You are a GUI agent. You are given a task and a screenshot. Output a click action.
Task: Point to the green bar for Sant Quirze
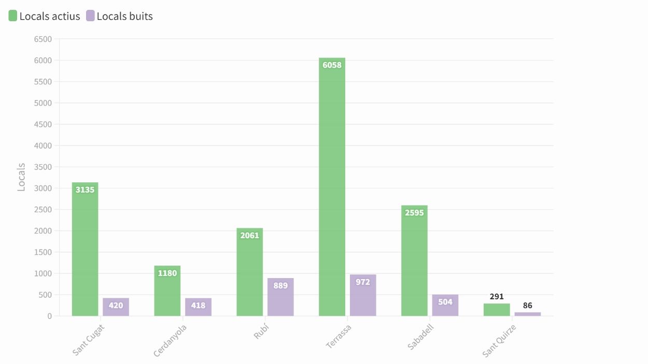[x=497, y=310]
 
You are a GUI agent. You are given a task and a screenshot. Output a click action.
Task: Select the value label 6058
[x=332, y=65]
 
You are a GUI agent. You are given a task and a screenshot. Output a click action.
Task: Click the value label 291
[x=497, y=297]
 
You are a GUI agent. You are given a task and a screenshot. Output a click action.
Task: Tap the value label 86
[x=528, y=305]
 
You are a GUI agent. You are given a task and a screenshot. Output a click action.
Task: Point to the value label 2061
[x=249, y=235]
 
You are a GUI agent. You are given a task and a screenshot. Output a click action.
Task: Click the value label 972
[x=363, y=282]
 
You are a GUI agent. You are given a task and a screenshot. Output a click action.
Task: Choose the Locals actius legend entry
[x=45, y=16]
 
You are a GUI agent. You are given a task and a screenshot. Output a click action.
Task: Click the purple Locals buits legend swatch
[x=91, y=16]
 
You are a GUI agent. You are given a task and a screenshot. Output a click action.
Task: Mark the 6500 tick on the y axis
[x=43, y=39]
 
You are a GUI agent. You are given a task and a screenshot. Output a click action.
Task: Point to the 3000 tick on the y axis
[x=43, y=188]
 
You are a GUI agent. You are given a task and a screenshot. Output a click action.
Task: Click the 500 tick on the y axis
[x=46, y=295]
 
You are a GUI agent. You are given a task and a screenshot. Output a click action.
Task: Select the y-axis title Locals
[x=21, y=177]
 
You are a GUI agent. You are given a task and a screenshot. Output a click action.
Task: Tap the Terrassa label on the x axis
[x=339, y=336]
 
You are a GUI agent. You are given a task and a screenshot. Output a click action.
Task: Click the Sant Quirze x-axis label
[x=499, y=341]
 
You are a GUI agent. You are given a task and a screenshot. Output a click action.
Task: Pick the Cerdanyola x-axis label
[x=170, y=341]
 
